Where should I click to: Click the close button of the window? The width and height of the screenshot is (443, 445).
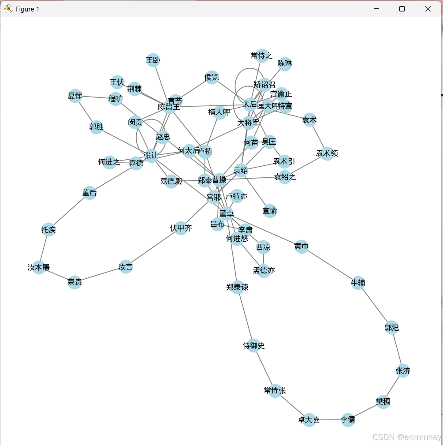pos(428,9)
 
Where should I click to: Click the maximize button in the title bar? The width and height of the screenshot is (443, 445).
pos(402,9)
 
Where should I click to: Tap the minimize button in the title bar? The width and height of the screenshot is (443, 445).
pos(376,9)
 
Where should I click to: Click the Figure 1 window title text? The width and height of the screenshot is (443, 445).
pos(27,9)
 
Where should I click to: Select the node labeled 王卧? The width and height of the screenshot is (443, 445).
pos(153,60)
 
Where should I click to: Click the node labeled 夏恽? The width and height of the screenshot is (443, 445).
pos(75,96)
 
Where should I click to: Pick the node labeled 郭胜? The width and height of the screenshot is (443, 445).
pos(96,127)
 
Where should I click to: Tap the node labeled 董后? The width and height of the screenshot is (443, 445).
pos(89,193)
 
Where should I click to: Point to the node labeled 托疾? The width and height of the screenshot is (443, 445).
pos(48,230)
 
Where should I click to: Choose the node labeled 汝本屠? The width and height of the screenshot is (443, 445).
pos(39,267)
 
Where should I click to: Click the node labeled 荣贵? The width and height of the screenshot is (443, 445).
pos(75,282)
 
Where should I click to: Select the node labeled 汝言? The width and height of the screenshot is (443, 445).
pos(126,267)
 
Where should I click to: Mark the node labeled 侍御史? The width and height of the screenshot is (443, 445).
pos(253,346)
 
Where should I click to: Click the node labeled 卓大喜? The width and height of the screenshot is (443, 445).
pos(309,420)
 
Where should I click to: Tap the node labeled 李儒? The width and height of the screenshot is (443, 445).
pos(348,420)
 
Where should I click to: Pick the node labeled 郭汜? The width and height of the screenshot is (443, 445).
pos(391,328)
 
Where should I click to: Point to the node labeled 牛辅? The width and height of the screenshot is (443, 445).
pos(358,283)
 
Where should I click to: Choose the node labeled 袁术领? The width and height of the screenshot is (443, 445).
pos(327,153)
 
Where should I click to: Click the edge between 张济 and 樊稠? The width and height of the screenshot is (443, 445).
pos(393,386)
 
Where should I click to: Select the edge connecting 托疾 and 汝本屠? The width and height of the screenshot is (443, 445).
pos(44,248)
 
